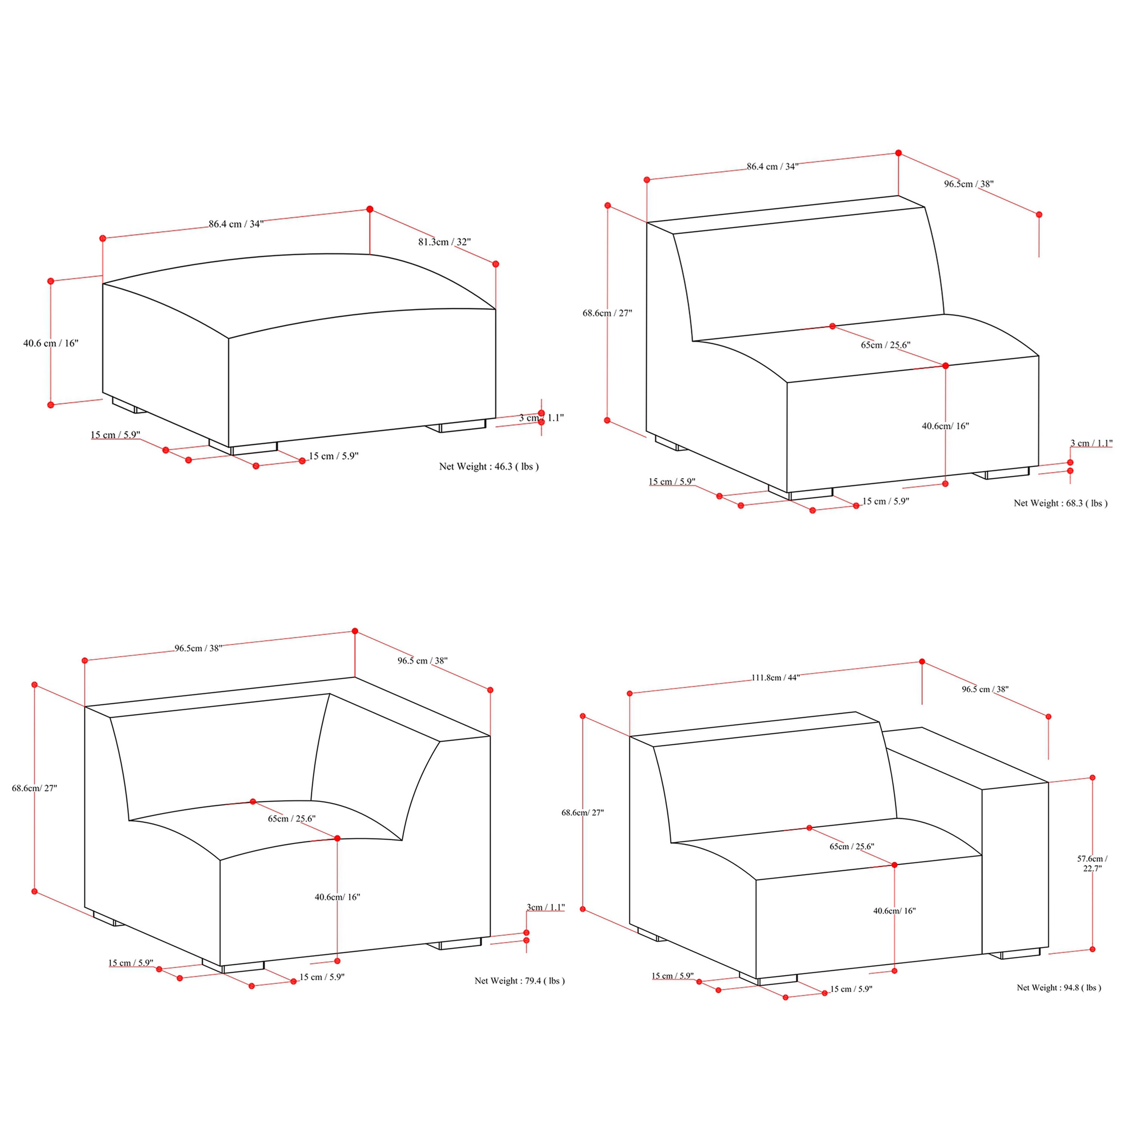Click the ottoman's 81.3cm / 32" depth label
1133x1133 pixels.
point(445,242)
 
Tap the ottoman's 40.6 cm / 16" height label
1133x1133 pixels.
point(51,343)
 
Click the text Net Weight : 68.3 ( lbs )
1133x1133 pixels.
point(1061,503)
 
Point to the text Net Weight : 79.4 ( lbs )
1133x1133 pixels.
point(520,980)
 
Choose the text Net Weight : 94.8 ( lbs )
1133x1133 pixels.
point(1059,988)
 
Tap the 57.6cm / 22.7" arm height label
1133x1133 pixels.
point(1092,863)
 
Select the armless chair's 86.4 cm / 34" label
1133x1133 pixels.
point(772,167)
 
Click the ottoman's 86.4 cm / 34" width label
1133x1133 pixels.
point(236,224)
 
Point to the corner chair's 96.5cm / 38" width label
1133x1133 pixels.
point(198,648)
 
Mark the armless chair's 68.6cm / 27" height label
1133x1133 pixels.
point(608,313)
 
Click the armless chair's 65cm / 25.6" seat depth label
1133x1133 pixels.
point(886,345)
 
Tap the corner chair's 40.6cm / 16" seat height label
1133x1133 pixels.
point(337,897)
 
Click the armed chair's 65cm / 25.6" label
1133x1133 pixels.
point(852,846)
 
